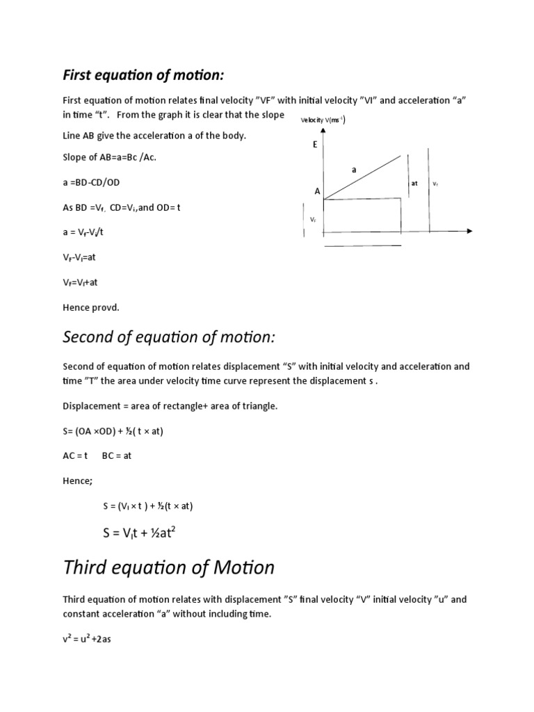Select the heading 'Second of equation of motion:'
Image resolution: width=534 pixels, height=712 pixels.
169,337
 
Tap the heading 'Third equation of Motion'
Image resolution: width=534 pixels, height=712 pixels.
168,567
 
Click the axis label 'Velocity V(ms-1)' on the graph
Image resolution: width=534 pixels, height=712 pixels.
323,120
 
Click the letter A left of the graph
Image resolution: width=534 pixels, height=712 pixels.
317,191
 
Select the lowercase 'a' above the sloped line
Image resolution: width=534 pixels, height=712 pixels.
353,169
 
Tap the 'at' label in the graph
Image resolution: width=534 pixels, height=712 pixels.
414,184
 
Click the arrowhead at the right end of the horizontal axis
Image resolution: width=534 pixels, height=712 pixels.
470,230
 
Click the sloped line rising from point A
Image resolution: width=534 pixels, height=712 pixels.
362,178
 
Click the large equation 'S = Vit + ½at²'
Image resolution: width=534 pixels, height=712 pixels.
147,533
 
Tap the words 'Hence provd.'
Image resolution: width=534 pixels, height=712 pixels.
91,307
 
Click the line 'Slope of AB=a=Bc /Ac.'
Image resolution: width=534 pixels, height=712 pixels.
110,157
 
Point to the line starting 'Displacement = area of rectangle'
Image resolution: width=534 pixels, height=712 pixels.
170,406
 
